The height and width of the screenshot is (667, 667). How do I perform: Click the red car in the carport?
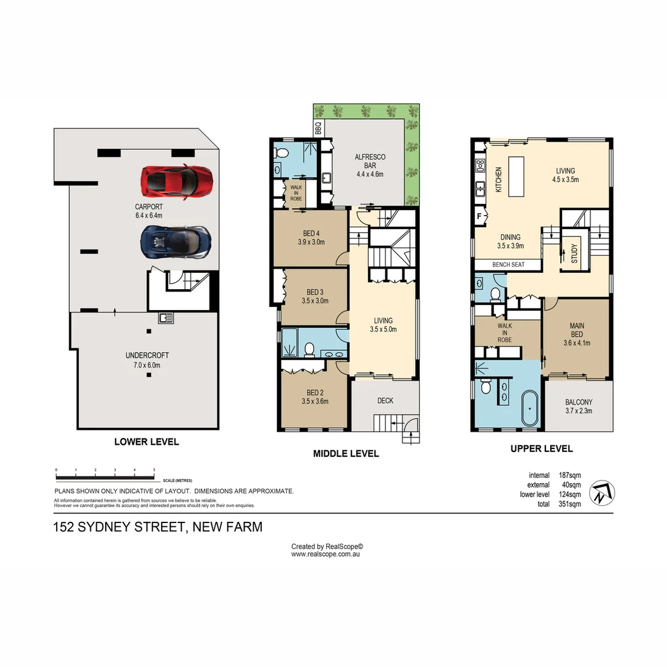point(177,180)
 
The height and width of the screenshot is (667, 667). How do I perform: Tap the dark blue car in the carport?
point(177,242)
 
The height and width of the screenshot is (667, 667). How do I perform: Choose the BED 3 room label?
point(314,296)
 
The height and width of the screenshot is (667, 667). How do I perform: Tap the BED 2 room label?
point(314,396)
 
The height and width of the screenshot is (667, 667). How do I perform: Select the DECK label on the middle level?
point(385,401)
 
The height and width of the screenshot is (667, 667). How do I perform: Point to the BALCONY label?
point(579,406)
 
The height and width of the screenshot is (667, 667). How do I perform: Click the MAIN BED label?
point(577,334)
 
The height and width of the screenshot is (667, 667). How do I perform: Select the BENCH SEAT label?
point(508,265)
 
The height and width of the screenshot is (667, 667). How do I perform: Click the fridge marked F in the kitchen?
point(479,216)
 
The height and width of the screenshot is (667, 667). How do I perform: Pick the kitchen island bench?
point(516,176)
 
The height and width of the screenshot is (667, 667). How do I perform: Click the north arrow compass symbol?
point(602,493)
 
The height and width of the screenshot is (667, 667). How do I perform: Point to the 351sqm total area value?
point(569,504)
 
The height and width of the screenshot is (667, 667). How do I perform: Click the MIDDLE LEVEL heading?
point(346,453)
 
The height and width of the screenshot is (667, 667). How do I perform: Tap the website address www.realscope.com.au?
point(325,554)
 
